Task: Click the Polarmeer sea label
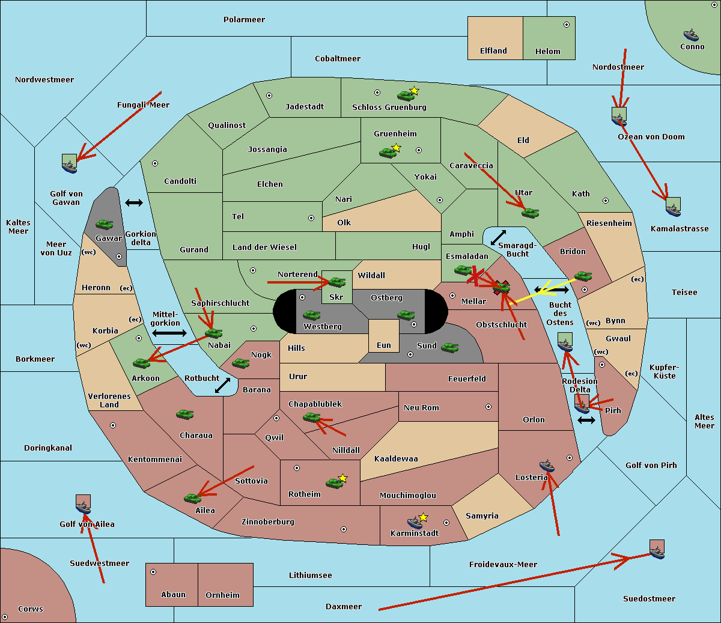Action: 244,20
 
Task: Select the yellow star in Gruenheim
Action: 396,147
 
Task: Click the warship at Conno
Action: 691,35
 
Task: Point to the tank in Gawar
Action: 105,224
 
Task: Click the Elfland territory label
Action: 493,51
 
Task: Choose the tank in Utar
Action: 530,212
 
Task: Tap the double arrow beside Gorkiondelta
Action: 134,203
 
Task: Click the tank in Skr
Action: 336,281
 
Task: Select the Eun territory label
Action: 384,345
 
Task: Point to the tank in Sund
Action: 450,347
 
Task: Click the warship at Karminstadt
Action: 415,522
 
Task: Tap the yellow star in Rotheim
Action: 342,478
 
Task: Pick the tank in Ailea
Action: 192,497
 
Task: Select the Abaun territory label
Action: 173,595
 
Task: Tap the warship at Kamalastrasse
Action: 673,209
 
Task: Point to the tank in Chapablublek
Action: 311,417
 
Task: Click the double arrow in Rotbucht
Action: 222,385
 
